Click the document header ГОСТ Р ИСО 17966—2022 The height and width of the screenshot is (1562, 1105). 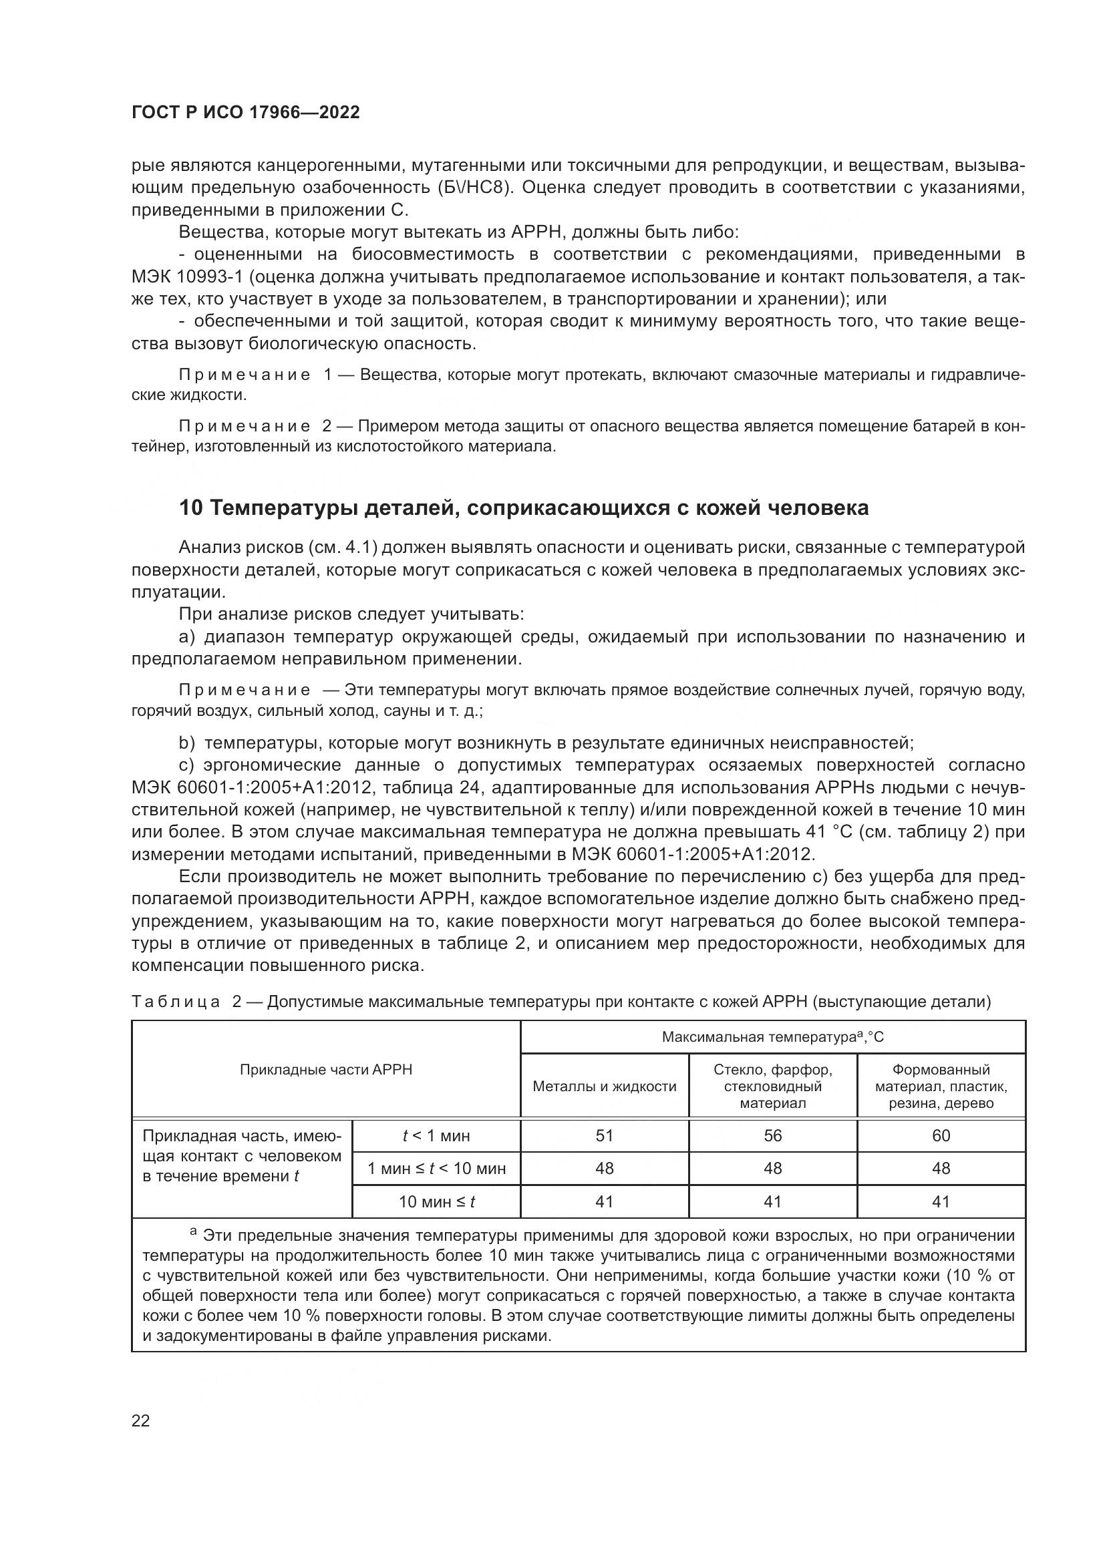246,113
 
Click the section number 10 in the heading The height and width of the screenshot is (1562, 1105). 190,508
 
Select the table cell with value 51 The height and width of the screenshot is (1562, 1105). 604,1135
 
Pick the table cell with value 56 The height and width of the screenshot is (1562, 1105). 772,1135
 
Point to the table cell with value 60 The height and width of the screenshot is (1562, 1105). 941,1135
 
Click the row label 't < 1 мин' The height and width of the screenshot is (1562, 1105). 436,1135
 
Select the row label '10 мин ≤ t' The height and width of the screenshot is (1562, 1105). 436,1201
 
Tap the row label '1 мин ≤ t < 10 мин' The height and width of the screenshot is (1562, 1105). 436,1169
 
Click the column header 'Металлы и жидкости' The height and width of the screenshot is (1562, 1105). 604,1087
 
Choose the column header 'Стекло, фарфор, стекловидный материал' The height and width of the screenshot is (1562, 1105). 772,1087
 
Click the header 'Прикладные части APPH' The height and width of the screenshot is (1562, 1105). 326,1069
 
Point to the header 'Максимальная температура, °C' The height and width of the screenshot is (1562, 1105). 772,1037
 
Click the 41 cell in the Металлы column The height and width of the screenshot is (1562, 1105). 604,1201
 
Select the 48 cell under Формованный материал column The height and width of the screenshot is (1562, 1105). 941,1169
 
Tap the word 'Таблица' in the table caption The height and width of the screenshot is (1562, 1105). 176,1002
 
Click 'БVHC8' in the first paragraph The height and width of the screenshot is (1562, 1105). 484,188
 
